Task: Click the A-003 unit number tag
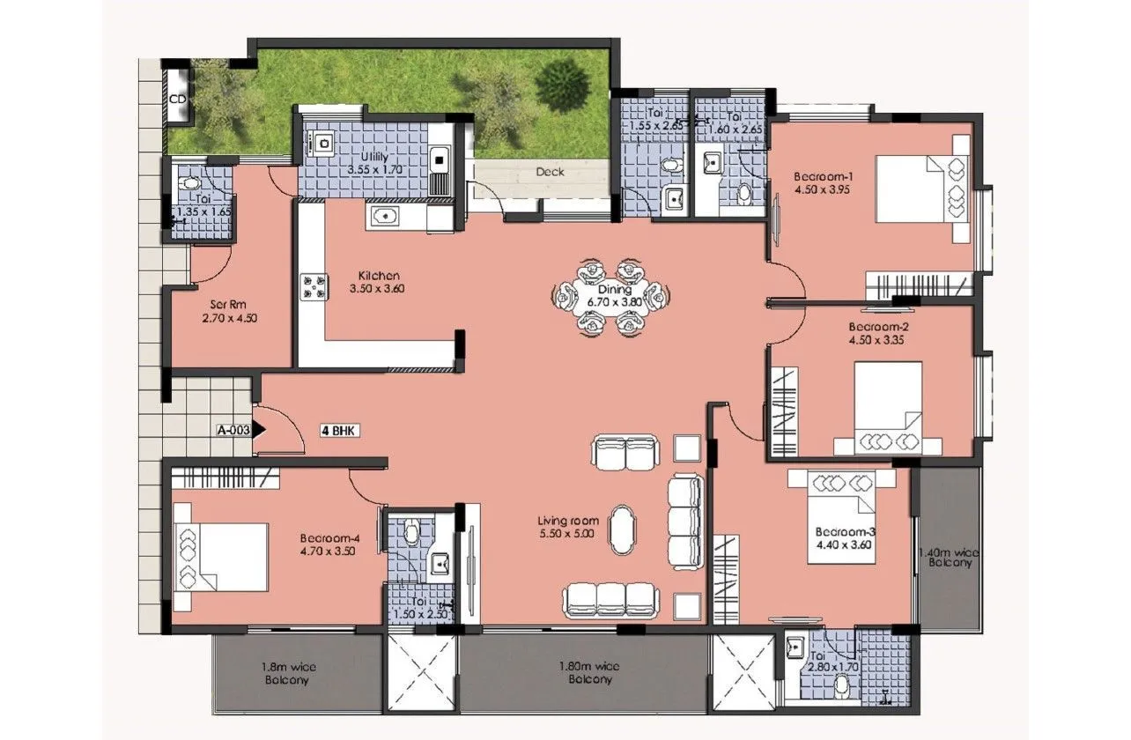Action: point(233,431)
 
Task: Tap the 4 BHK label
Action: point(341,431)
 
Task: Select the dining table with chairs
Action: point(610,296)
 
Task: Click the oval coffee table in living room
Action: point(622,529)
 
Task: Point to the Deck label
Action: point(551,173)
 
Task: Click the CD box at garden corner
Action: point(177,99)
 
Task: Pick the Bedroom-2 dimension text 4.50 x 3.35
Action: point(878,338)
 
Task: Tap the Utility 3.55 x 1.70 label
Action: point(374,163)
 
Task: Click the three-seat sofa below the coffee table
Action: point(610,599)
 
